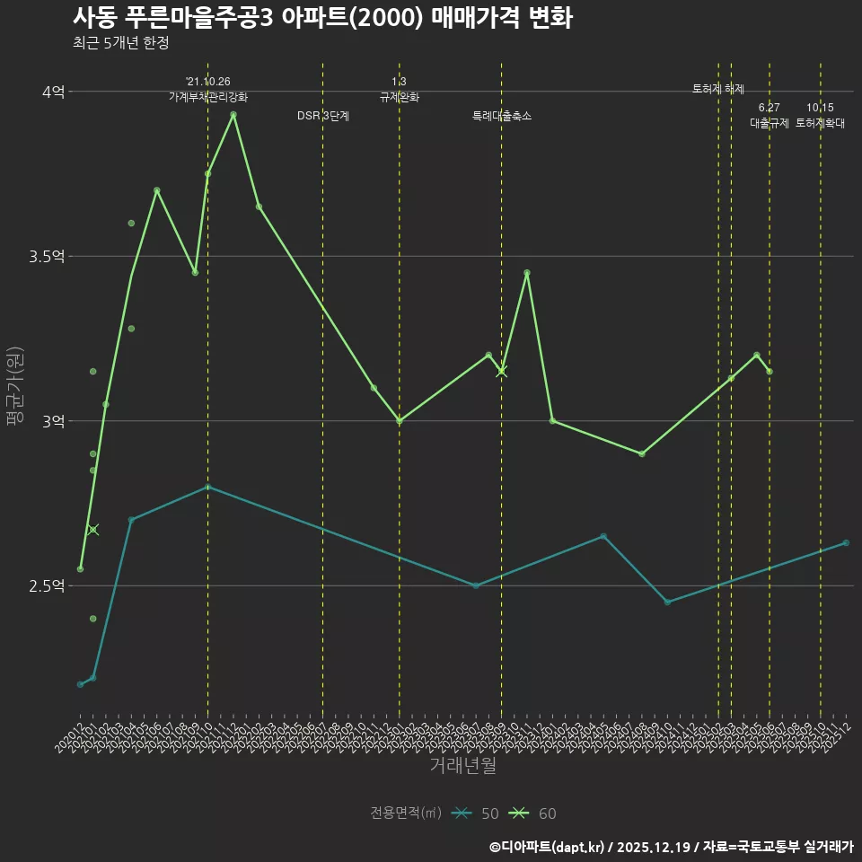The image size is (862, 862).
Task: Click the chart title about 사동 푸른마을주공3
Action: [321, 18]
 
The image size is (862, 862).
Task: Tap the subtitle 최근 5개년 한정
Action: [120, 42]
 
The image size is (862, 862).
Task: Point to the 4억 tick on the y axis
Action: [53, 92]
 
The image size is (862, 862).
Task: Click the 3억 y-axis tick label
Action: [53, 421]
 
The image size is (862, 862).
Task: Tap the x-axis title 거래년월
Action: [462, 766]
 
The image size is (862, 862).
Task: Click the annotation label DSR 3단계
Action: [323, 116]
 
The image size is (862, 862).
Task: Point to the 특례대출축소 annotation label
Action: [502, 116]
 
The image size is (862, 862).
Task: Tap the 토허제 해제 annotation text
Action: [718, 89]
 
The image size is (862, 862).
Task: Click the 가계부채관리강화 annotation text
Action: [208, 97]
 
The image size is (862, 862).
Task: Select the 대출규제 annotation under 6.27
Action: [770, 124]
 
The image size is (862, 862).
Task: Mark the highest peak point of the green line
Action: [233, 114]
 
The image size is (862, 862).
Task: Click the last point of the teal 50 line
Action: [846, 543]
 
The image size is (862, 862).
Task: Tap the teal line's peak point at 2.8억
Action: [208, 487]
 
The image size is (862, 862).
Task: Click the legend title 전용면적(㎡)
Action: [406, 814]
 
